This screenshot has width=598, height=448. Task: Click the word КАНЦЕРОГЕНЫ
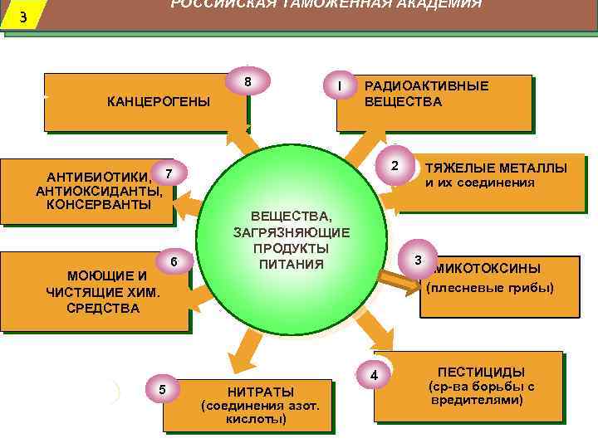point(159,102)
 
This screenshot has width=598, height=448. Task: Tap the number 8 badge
point(248,82)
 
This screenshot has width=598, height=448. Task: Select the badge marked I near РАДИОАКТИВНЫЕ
point(339,85)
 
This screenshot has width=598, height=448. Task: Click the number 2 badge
point(395,164)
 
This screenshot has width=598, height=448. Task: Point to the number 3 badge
point(419,261)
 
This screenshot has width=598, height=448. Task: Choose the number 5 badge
point(162,389)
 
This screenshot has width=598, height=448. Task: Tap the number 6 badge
point(174,262)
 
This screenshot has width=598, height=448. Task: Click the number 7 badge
point(169,173)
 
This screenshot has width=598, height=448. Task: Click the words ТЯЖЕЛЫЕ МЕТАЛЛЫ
point(497,168)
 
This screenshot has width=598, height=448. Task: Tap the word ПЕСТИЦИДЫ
point(481,372)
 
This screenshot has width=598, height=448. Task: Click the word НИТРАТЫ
point(260,392)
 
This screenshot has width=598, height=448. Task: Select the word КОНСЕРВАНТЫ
point(98,204)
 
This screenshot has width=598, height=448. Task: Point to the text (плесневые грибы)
point(489,289)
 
